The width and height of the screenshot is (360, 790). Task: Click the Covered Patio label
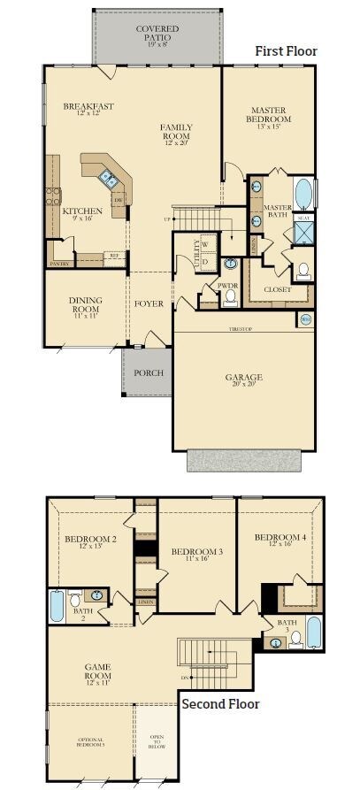pyautogui.click(x=157, y=34)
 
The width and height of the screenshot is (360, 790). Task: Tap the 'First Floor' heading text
pyautogui.click(x=285, y=51)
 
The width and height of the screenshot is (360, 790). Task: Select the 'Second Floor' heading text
pyautogui.click(x=220, y=704)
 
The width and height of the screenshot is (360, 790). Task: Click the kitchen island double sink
pyautogui.click(x=108, y=180)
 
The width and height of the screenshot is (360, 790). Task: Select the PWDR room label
pyautogui.click(x=229, y=285)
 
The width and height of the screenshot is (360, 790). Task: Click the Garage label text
pyautogui.click(x=243, y=378)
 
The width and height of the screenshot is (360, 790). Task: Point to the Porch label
pyautogui.click(x=148, y=372)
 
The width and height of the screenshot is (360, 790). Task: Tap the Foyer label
pyautogui.click(x=149, y=303)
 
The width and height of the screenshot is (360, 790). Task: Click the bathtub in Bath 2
pyautogui.click(x=57, y=607)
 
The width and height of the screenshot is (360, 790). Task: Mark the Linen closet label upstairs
pyautogui.click(x=145, y=602)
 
